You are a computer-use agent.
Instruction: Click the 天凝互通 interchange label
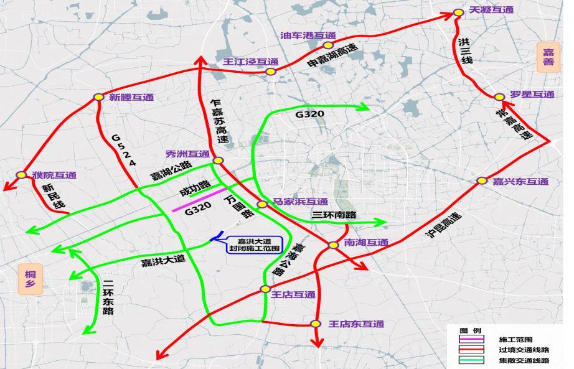(x=492, y=10)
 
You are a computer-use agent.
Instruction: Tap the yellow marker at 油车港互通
(x=328, y=45)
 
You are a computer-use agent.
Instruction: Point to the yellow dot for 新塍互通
(x=98, y=97)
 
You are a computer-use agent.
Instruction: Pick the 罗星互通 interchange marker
(x=499, y=97)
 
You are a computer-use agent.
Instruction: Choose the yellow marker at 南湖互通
(x=334, y=245)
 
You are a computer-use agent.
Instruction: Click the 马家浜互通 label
(x=300, y=202)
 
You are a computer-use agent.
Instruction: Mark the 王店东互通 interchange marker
(x=316, y=324)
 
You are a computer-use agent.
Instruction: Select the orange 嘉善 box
(x=548, y=58)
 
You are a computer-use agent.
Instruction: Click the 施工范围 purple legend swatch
(x=471, y=340)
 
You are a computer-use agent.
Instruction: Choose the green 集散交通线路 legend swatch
(x=471, y=360)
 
